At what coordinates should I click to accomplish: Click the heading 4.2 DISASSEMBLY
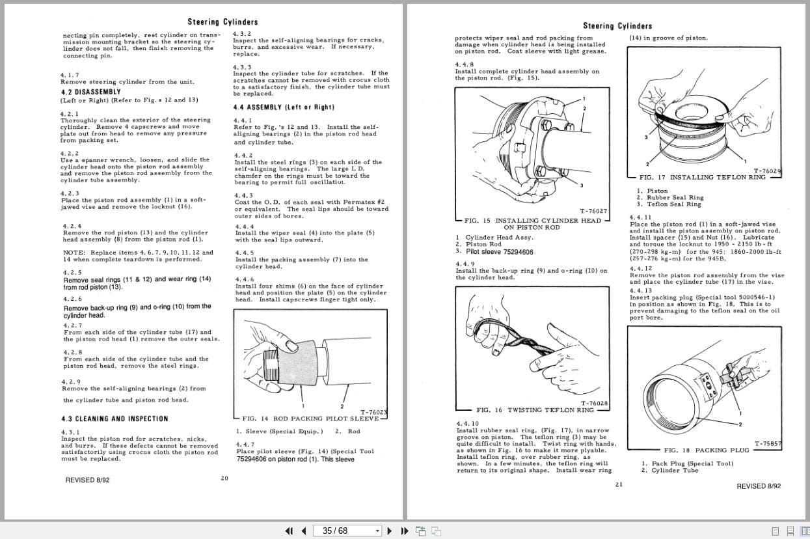pyautogui.click(x=90, y=92)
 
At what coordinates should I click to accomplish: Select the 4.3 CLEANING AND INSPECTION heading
pyautogui.click(x=115, y=419)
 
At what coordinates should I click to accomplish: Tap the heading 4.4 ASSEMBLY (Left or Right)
pyautogui.click(x=283, y=107)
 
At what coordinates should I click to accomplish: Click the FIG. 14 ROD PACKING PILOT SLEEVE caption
pyautogui.click(x=310, y=419)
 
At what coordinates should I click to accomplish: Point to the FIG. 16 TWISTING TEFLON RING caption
pyautogui.click(x=535, y=410)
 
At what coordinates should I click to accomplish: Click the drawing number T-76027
pyautogui.click(x=593, y=211)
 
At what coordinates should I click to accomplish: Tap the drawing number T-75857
pyautogui.click(x=768, y=444)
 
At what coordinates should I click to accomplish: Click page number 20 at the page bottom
pyautogui.click(x=224, y=478)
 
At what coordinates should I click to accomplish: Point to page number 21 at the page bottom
pyautogui.click(x=619, y=484)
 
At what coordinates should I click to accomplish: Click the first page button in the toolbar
pyautogui.click(x=290, y=531)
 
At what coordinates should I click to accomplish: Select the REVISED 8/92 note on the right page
pyautogui.click(x=759, y=486)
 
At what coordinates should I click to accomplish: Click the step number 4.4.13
pyautogui.click(x=640, y=290)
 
